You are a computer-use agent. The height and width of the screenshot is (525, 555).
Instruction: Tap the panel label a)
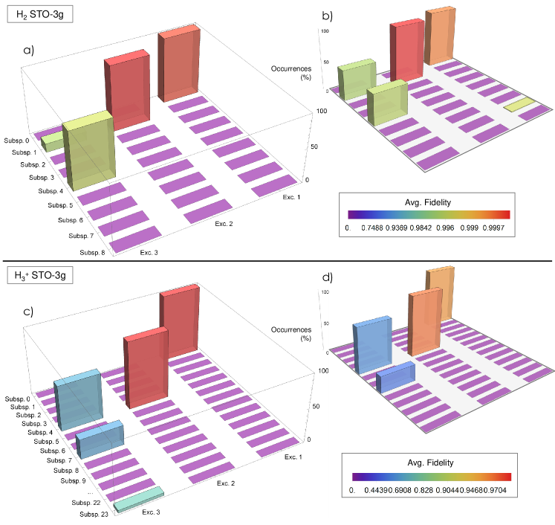click(28, 51)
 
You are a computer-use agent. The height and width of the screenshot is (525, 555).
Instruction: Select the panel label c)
click(28, 311)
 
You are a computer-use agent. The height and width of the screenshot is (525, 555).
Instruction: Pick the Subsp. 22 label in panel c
click(87, 503)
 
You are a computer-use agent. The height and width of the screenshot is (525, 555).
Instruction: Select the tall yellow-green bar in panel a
click(88, 152)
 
